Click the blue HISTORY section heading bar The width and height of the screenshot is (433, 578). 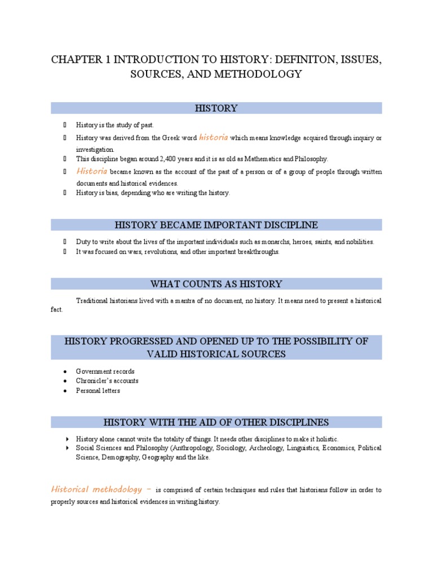point(216,108)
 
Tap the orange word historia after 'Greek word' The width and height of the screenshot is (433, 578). point(213,137)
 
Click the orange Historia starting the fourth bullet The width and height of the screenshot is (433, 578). point(92,170)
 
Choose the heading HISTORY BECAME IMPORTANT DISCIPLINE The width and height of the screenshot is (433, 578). point(216,225)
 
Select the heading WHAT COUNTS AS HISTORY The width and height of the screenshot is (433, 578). point(216,283)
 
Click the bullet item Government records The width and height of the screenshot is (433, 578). point(105,371)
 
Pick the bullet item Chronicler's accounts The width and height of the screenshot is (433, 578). point(107,381)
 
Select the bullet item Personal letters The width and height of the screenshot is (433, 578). point(98,391)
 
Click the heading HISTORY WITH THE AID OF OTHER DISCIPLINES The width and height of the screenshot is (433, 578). point(216,422)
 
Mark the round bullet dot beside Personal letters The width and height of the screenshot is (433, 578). point(66,391)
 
